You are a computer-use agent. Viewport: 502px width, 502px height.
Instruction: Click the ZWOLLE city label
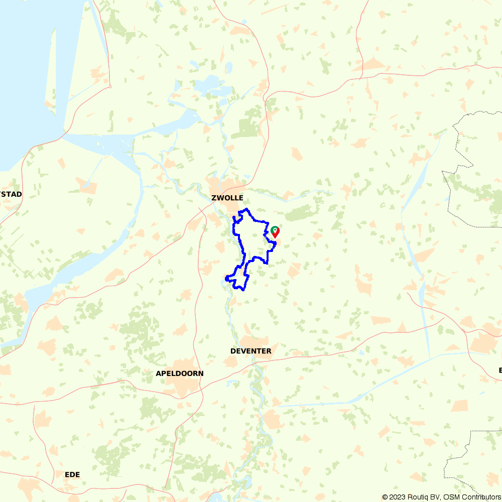click(x=227, y=198)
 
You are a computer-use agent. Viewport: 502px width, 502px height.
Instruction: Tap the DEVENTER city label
click(x=250, y=351)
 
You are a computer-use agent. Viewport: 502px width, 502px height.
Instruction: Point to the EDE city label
click(x=72, y=474)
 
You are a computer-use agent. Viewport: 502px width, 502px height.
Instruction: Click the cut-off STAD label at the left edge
click(x=11, y=194)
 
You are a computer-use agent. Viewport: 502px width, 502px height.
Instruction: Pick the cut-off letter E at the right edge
click(x=500, y=370)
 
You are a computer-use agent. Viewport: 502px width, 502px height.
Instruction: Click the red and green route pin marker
click(x=275, y=231)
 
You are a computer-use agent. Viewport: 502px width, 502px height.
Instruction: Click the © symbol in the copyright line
click(x=385, y=497)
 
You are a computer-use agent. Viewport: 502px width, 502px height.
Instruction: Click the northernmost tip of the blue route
click(x=246, y=209)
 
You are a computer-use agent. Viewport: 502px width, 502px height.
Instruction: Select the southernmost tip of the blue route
click(x=243, y=290)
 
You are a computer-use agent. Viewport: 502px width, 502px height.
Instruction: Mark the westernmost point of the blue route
click(x=226, y=278)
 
